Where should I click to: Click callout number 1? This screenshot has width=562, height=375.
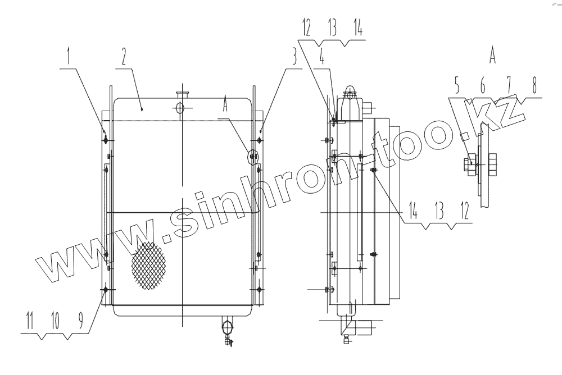[69, 57]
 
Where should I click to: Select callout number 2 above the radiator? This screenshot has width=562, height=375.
[124, 57]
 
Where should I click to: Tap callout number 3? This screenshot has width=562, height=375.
[294, 57]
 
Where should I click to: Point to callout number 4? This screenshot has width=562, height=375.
[322, 58]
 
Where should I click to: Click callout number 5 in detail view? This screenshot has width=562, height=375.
[456, 85]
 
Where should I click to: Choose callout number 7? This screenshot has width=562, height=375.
[509, 85]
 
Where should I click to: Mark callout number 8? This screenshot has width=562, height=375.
[534, 85]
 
